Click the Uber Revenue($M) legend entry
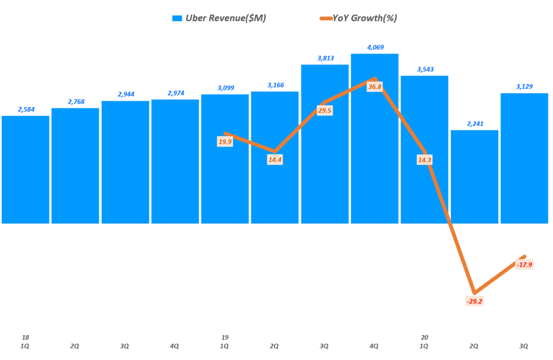coord(219,18)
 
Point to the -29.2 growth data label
coord(474,301)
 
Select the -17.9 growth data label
coord(524,264)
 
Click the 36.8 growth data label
coord(374,87)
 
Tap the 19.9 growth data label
coord(225,142)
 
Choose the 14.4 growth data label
coord(275,160)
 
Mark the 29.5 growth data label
coord(325,110)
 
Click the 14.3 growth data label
coord(424,160)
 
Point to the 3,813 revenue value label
coord(325,58)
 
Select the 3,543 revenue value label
coord(424,69)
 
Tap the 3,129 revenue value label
coord(524,86)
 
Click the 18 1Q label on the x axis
coord(25,341)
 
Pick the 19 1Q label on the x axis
coord(225,341)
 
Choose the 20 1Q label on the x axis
coord(424,341)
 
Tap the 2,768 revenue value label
coord(75,101)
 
